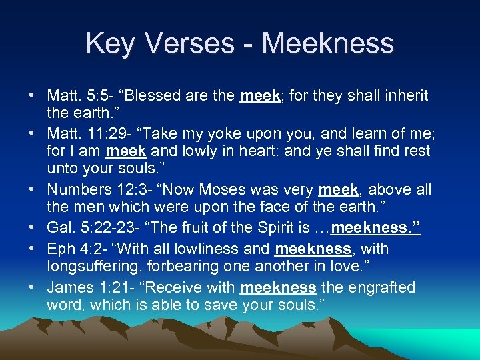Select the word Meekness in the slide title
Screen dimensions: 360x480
coord(327,44)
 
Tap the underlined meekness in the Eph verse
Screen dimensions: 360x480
coord(312,249)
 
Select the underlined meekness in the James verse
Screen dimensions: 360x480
coord(277,288)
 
